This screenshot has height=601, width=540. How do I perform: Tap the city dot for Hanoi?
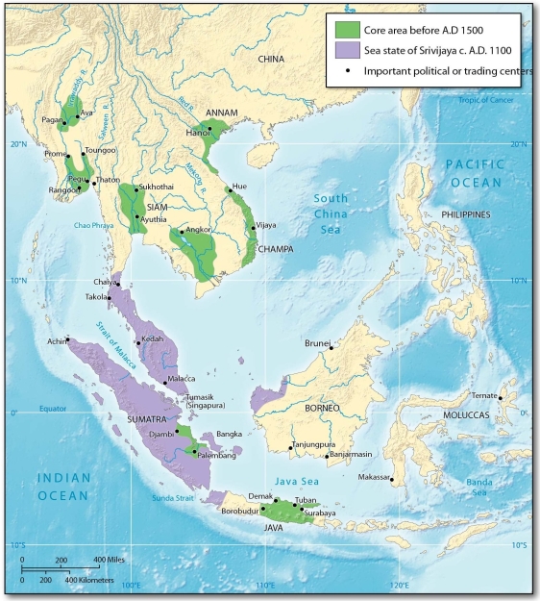209,129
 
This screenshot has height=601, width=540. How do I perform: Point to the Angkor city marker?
182,232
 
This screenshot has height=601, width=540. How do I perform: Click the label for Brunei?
315,341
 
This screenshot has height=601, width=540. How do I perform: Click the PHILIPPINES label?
466,213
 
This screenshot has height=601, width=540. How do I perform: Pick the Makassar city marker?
392,479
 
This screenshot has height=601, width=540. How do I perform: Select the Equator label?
53,409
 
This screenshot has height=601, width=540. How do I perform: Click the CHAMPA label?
274,247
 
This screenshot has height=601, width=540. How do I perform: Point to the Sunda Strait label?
174,496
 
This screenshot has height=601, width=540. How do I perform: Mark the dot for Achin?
68,339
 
